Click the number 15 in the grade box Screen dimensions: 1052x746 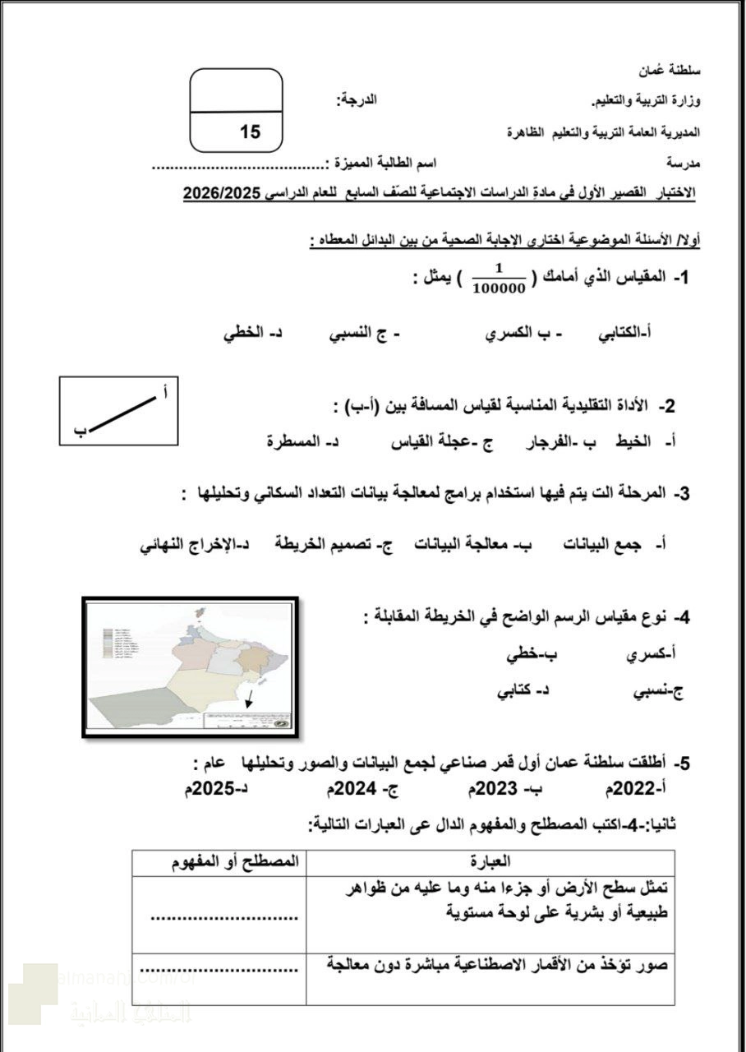click(x=250, y=131)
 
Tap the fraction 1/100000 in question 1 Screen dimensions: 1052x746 click(x=499, y=279)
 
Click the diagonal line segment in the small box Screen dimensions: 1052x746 click(x=122, y=413)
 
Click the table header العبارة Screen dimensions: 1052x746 click(x=490, y=862)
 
